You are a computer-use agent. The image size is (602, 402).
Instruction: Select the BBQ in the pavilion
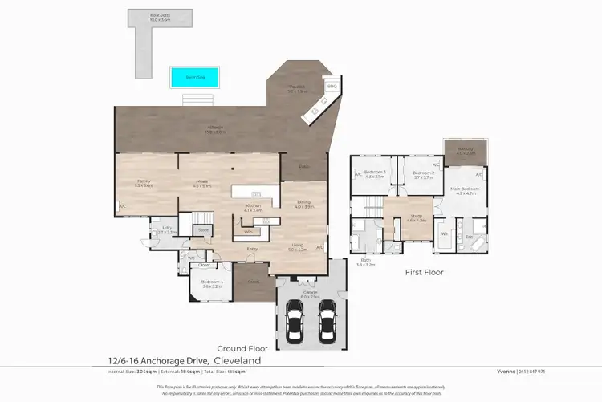click(331, 88)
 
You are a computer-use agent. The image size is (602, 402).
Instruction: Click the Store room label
click(204, 229)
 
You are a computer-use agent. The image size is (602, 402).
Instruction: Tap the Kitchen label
click(254, 208)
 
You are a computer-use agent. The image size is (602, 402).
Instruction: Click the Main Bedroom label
click(466, 190)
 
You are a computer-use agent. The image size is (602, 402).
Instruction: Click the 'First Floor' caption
click(424, 272)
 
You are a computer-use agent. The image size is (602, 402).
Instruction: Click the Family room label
click(144, 183)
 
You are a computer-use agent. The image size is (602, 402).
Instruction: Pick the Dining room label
click(303, 204)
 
